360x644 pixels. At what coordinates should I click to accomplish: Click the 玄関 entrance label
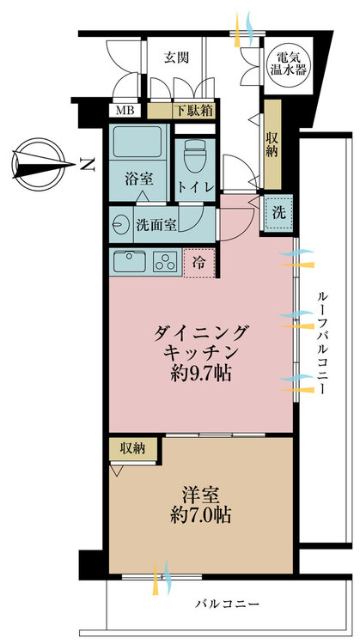[x=177, y=58]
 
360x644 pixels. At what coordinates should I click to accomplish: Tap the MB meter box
[x=125, y=111]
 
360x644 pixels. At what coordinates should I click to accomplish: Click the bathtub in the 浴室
[x=137, y=141]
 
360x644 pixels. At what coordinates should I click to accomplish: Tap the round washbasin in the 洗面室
[x=121, y=225]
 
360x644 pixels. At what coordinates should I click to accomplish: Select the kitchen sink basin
[x=130, y=262]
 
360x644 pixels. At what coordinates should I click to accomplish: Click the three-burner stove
[x=166, y=262]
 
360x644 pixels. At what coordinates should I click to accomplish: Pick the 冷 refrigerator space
[x=199, y=264]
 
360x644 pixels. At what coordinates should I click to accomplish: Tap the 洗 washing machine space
[x=278, y=214]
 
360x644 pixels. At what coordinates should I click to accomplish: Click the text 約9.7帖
[x=200, y=374]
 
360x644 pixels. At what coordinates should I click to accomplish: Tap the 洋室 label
[x=200, y=495]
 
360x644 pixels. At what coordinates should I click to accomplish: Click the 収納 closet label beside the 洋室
[x=132, y=449]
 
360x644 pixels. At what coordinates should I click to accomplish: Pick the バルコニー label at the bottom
[x=228, y=604]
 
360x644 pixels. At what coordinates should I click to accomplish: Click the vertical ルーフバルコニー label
[x=322, y=343]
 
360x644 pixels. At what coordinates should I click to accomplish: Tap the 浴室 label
[x=139, y=179]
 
